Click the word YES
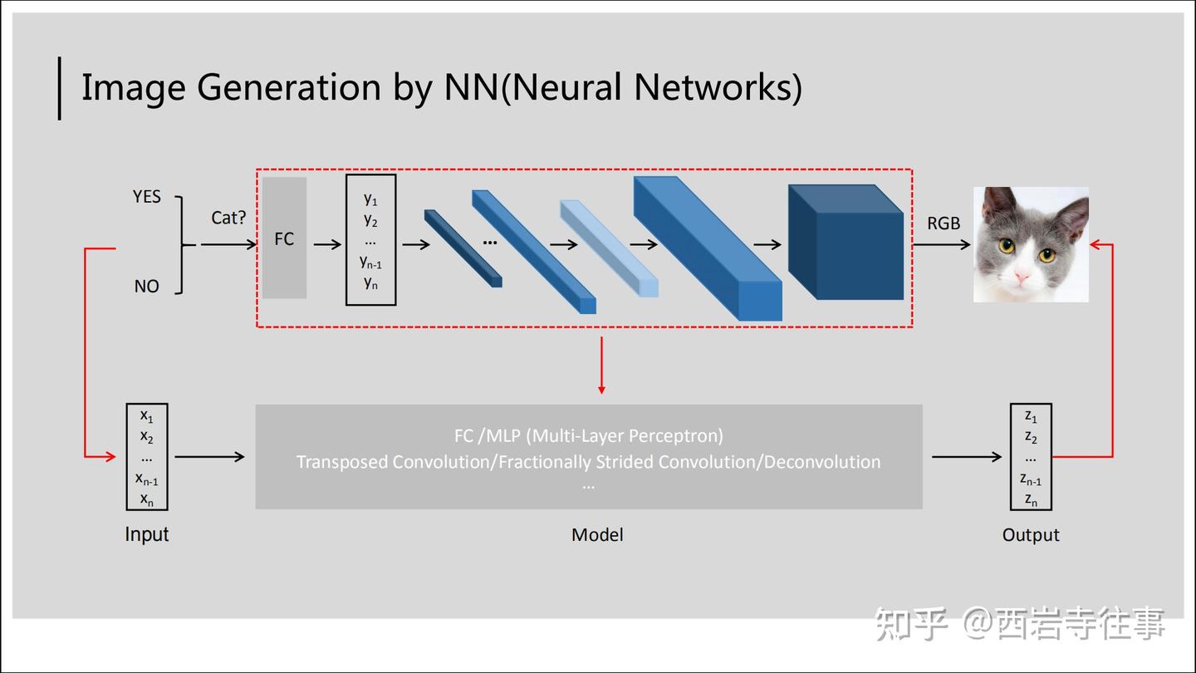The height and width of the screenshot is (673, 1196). point(147,197)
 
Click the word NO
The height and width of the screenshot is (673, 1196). point(147,287)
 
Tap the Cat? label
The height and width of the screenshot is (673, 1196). point(228,218)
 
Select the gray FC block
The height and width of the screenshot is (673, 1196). point(285,238)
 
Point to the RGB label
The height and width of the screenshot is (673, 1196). point(944,224)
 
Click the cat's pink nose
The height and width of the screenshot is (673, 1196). point(1022,276)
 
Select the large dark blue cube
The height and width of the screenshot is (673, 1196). point(846,242)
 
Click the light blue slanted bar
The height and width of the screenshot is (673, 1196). point(610,248)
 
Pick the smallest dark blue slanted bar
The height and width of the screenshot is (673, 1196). point(463,248)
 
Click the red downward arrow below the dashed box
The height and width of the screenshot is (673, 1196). point(601,366)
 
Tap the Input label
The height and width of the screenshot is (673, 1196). point(147,535)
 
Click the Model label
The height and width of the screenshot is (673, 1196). point(597,535)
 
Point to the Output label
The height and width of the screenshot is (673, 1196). point(1031,535)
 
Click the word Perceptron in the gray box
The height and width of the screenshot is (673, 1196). point(678,436)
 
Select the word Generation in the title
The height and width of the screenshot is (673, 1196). point(289,88)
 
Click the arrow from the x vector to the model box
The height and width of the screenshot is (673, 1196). point(210,457)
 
